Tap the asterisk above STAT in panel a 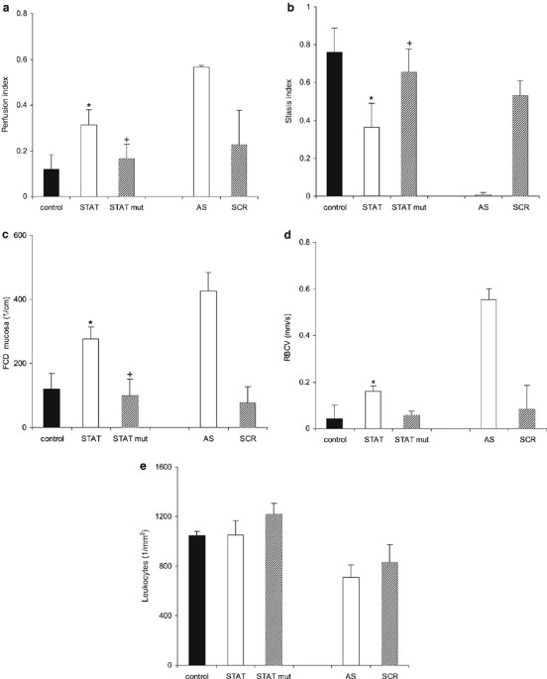pyautogui.click(x=88, y=103)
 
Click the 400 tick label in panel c pyautogui.click(x=25, y=299)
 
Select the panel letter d pyautogui.click(x=288, y=234)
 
